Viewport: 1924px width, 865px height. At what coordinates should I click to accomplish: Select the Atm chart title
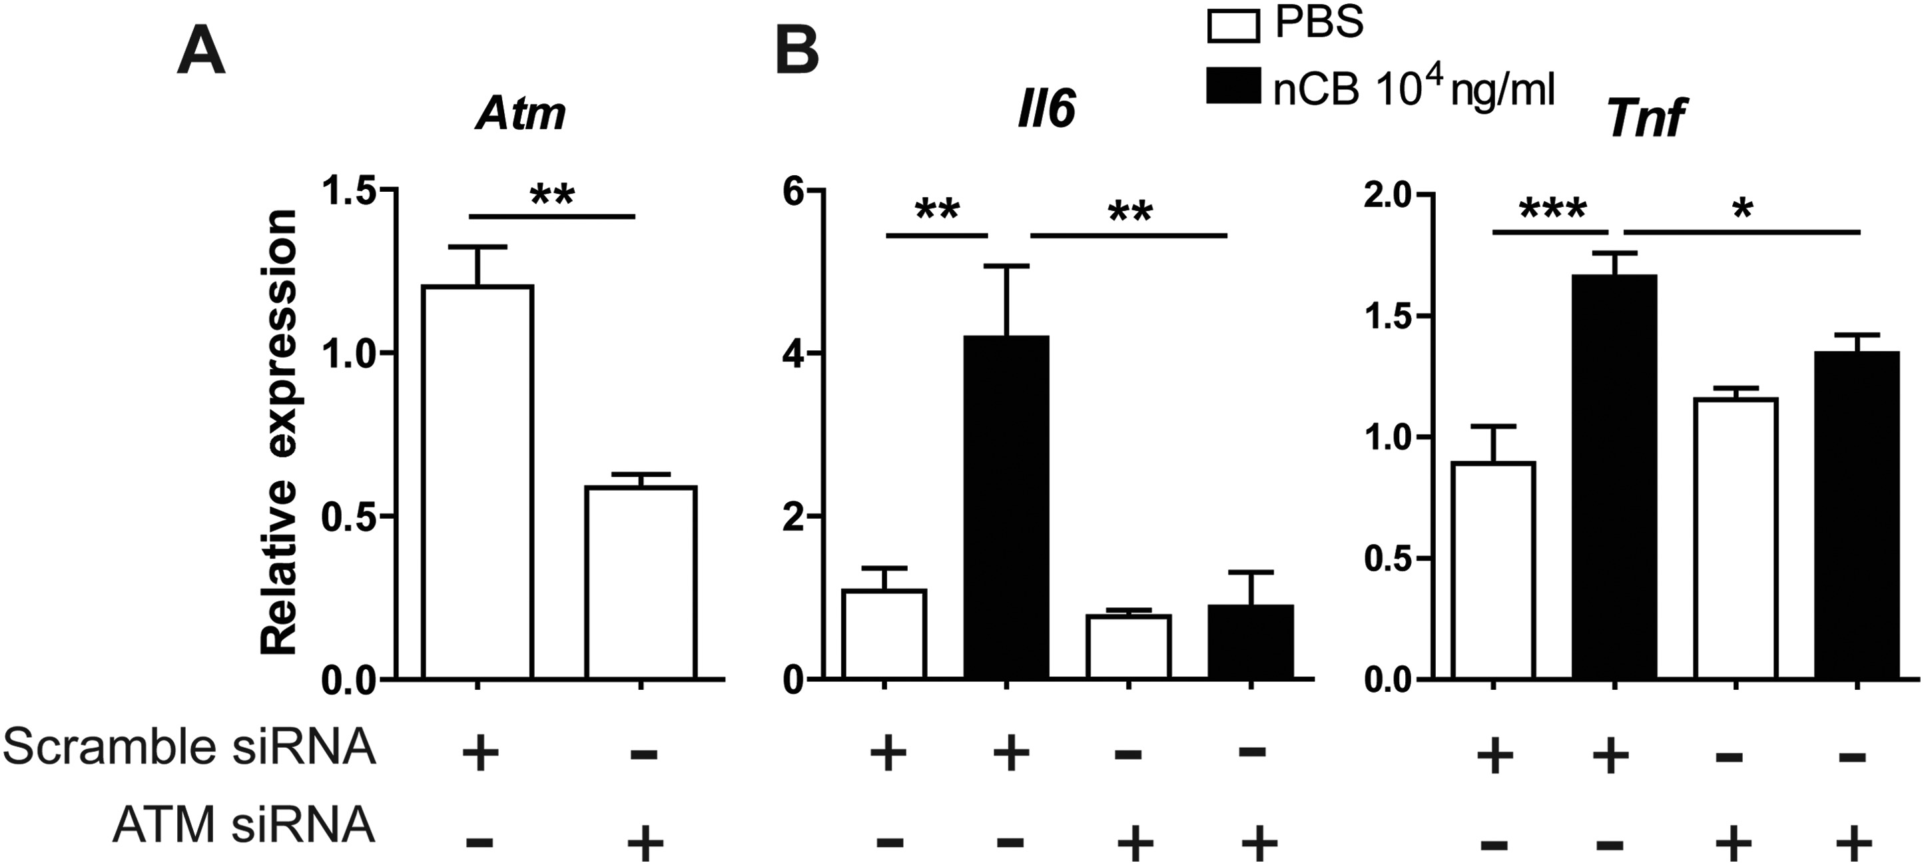(x=520, y=115)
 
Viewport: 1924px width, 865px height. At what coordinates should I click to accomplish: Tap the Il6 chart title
(x=1046, y=110)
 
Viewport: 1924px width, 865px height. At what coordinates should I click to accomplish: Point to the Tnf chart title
(x=1646, y=118)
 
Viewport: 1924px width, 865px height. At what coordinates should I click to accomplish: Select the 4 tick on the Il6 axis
(x=793, y=354)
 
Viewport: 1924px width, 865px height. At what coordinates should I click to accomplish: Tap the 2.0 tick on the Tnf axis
(x=1388, y=194)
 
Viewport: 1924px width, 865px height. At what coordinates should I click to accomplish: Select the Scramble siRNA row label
(x=190, y=748)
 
